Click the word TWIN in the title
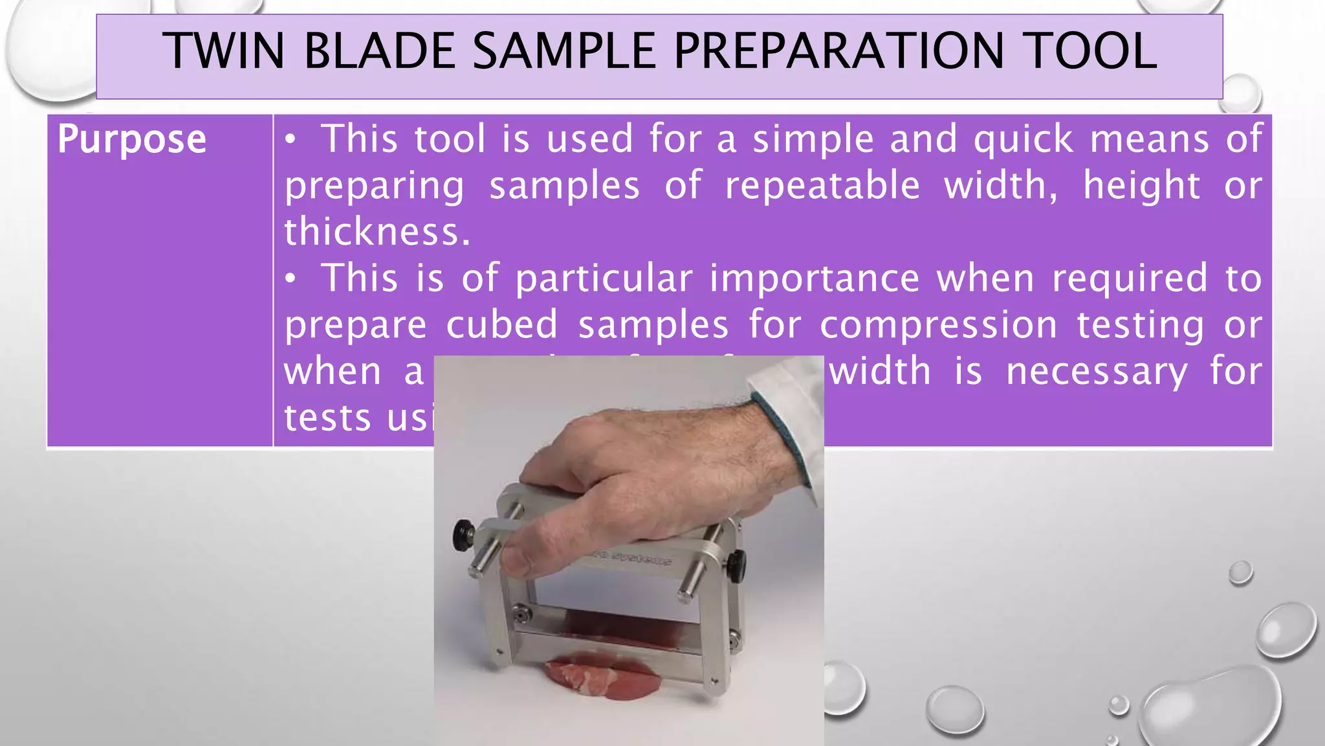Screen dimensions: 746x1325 click(x=223, y=52)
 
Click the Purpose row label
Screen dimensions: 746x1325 click(x=132, y=139)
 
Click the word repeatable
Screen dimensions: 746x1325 click(x=822, y=186)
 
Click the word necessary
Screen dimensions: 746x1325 click(x=1097, y=372)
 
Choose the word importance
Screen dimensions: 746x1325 click(x=815, y=278)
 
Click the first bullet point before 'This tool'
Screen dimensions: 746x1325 click(x=292, y=139)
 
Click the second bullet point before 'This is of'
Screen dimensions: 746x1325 click(x=292, y=278)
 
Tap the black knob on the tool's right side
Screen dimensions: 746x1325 click(x=736, y=565)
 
